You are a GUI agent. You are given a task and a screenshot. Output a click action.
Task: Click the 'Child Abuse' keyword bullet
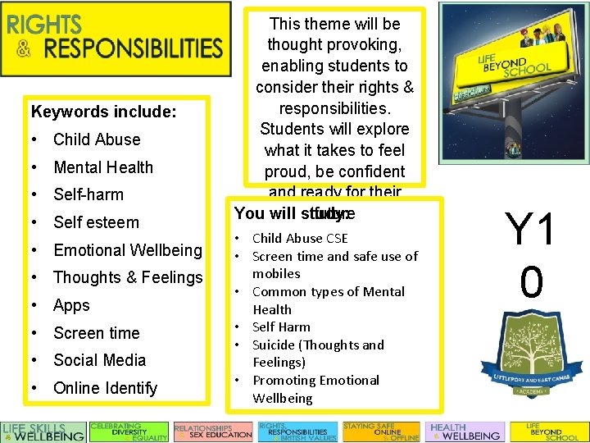point(97,139)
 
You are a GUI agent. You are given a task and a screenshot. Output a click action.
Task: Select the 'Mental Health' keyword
point(102,167)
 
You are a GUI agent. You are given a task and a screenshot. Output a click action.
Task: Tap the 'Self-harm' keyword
point(88,195)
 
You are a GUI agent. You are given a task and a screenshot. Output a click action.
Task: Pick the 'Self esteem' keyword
point(96,222)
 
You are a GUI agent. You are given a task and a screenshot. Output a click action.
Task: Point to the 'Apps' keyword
point(71,305)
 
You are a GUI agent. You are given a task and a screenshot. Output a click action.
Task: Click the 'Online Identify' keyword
point(105,388)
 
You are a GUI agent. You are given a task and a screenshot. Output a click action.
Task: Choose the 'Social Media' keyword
point(99,360)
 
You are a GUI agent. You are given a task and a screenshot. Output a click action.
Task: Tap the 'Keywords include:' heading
point(103,111)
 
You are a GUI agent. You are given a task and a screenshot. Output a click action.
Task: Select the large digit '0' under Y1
point(531,281)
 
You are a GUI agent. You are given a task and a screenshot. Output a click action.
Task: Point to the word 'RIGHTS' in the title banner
point(44,24)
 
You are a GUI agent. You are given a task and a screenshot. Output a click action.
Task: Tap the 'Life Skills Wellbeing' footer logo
point(43,432)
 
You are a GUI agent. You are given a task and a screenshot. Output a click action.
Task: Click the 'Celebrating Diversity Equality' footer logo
point(129,432)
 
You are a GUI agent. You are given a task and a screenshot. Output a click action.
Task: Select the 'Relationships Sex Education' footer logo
point(213,432)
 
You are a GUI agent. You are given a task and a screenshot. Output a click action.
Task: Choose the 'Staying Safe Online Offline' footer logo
point(381,432)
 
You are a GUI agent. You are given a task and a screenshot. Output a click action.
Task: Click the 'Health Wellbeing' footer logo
point(465,432)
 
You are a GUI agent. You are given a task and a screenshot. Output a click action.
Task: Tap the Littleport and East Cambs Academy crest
point(531,361)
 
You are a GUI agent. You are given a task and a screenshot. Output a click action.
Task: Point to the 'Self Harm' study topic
point(281,327)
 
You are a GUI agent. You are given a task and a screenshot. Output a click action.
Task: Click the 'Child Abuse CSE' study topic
point(300,239)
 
